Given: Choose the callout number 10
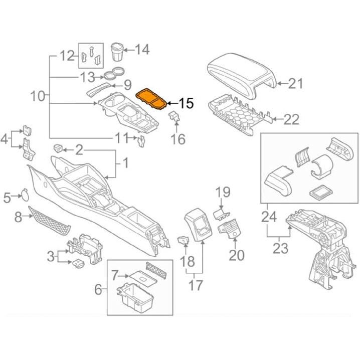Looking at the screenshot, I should pos(38,95).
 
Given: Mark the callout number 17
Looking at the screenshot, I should pos(196,285).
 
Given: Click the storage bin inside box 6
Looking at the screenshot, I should pos(134,296).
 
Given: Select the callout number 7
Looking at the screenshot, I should pos(115,274).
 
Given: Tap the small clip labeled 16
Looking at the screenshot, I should pos(174,116).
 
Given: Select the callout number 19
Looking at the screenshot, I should pos(222,192).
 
